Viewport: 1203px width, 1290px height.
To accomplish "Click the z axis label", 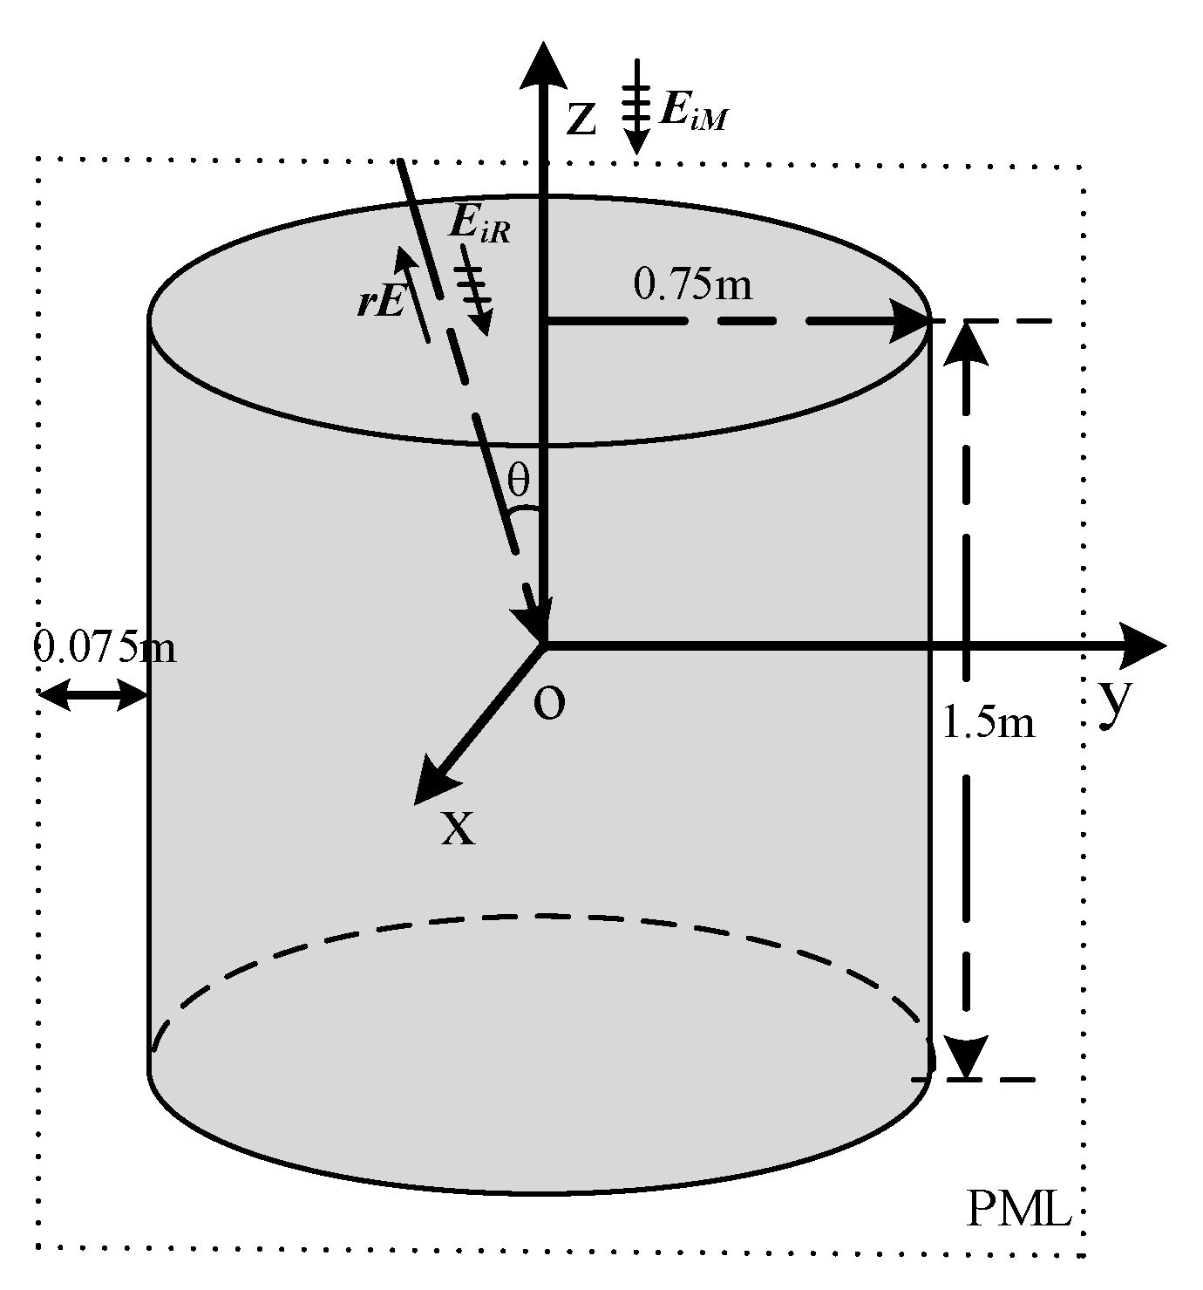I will coord(581,120).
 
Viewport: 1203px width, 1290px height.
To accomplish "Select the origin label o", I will coord(549,704).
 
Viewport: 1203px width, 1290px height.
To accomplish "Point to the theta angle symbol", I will coord(519,481).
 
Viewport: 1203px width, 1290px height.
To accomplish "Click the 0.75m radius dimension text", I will coord(693,283).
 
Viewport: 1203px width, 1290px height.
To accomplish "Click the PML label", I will coord(1018,1210).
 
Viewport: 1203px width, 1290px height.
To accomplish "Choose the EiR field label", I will coord(479,224).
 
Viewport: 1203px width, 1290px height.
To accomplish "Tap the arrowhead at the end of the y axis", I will coord(1145,645).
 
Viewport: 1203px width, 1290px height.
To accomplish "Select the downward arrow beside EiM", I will coord(637,108).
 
